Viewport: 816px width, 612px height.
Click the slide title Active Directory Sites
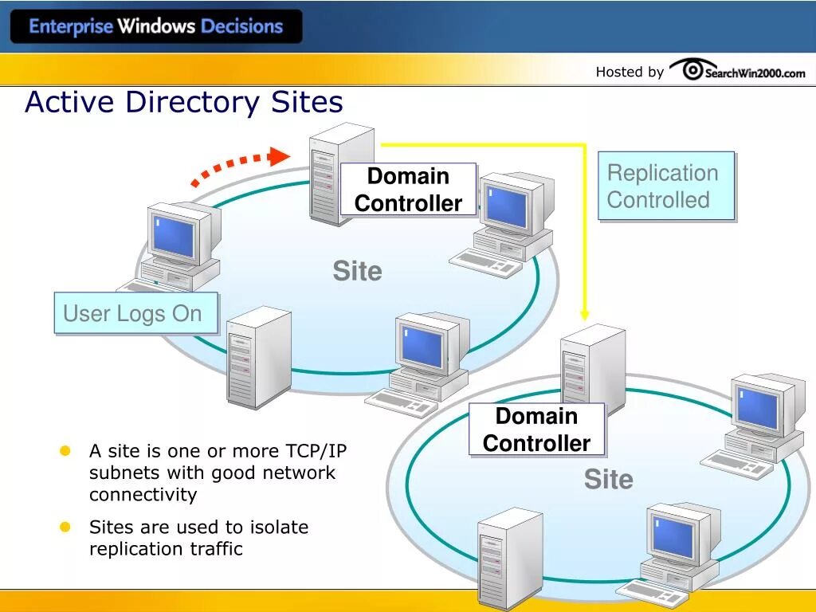pyautogui.click(x=184, y=103)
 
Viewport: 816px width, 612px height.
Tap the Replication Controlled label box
pyautogui.click(x=665, y=186)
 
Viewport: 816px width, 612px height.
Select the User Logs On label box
pyautogui.click(x=133, y=313)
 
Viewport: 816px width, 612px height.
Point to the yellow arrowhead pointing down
pyautogui.click(x=584, y=314)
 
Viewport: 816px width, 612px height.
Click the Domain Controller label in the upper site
pyautogui.click(x=408, y=190)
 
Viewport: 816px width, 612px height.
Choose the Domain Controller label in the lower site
pyautogui.click(x=536, y=430)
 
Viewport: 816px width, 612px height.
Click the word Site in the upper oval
pyautogui.click(x=357, y=271)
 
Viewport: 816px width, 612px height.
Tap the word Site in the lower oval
pyautogui.click(x=608, y=479)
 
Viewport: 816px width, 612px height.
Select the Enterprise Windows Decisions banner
pyautogui.click(x=156, y=26)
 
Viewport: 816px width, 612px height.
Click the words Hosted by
pyautogui.click(x=630, y=72)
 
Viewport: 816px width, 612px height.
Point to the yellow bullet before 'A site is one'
pyautogui.click(x=66, y=451)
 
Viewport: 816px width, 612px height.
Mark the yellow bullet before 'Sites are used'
pyautogui.click(x=66, y=527)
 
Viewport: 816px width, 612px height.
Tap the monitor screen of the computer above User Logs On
pyautogui.click(x=175, y=237)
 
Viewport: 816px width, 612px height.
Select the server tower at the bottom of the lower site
pyautogui.click(x=508, y=558)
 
